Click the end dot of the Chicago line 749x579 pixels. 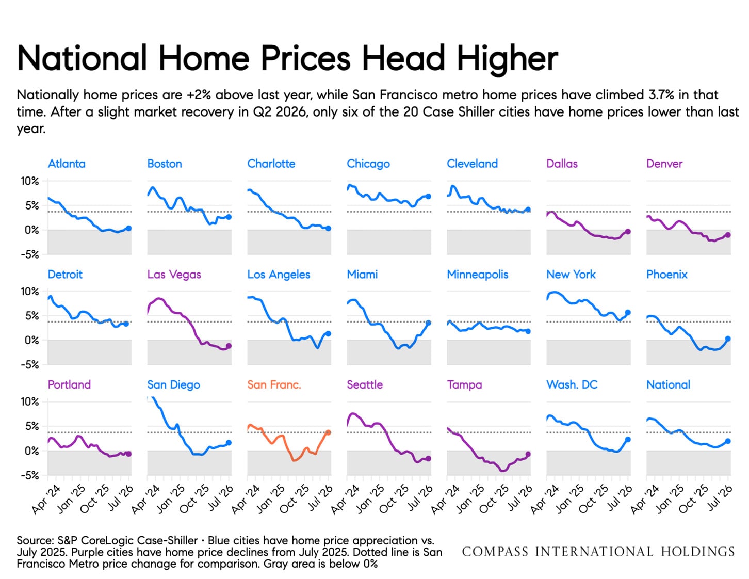428,196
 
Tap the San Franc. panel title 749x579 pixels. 274,384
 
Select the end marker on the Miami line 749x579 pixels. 428,323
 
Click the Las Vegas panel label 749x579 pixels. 174,275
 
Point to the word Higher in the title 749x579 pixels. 508,59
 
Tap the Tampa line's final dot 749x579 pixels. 528,454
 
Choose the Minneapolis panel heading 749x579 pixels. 477,275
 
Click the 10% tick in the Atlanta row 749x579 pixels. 30,181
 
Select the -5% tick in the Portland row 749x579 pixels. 30,476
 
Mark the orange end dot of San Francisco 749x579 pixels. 328,432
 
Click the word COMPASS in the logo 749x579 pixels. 495,552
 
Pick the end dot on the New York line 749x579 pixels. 628,312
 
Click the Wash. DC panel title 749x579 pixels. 572,384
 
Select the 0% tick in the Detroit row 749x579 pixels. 31,341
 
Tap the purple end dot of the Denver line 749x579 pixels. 728,234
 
